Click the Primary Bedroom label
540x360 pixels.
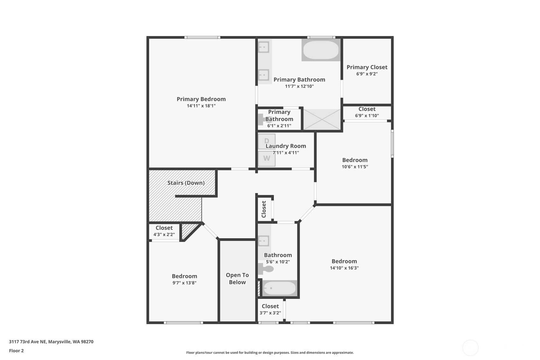201,99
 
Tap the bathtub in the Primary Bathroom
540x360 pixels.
321,50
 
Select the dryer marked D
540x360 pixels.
267,141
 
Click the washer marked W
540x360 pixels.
267,159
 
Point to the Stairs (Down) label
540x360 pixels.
186,183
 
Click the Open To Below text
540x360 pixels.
237,279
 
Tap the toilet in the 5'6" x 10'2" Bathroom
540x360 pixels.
266,269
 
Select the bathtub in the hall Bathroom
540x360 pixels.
280,288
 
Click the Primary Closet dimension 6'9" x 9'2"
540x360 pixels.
367,74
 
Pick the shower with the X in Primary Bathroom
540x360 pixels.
322,119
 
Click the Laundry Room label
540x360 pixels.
286,146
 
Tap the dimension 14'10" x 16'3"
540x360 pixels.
344,268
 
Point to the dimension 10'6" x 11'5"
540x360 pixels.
355,166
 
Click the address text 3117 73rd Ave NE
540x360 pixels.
28,342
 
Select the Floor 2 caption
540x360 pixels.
17,350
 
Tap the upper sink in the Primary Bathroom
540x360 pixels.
264,47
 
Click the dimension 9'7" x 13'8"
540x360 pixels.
185,283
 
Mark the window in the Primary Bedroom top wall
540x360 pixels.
202,37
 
